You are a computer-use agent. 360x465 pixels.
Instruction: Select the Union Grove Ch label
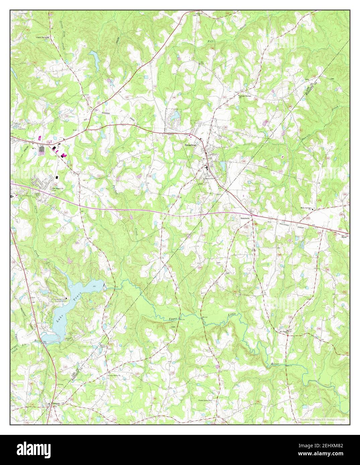pyautogui.click(x=205, y=400)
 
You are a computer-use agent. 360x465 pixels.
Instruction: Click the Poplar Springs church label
pyautogui.click(x=41, y=37)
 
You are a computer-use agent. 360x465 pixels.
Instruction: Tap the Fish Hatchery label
pyautogui.click(x=17, y=127)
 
